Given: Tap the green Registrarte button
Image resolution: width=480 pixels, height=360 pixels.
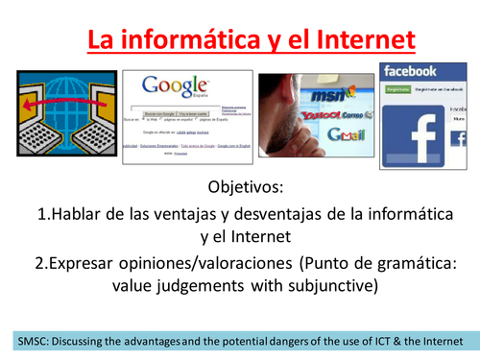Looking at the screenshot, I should [396, 89].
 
